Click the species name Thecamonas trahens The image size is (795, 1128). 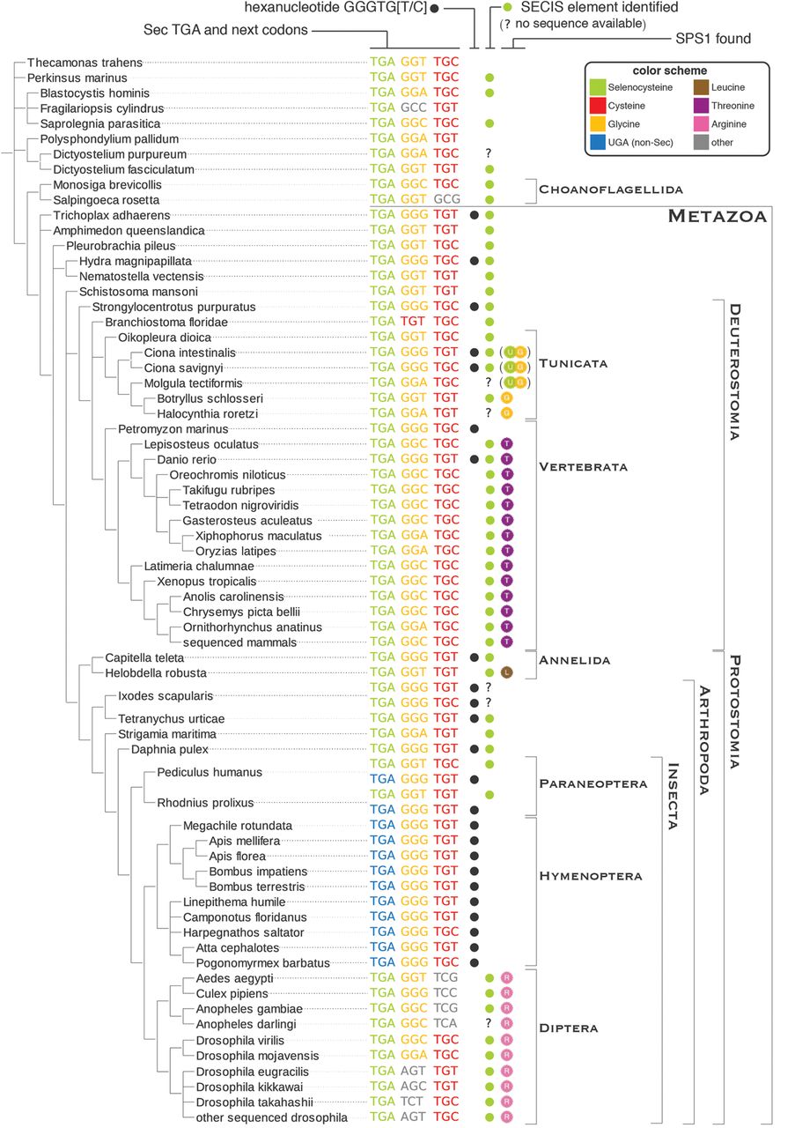click(x=85, y=63)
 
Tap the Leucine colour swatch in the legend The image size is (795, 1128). click(x=701, y=87)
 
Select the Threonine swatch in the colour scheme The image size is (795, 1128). click(x=701, y=106)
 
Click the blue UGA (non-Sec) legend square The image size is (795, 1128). click(x=597, y=143)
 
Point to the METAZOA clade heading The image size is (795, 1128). click(x=717, y=216)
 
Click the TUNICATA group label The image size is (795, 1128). click(x=573, y=364)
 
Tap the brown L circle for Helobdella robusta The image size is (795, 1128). click(x=507, y=672)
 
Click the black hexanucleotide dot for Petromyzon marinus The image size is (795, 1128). click(x=474, y=428)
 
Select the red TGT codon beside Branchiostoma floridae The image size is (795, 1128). click(x=413, y=322)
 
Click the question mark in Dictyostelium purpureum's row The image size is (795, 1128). click(x=488, y=153)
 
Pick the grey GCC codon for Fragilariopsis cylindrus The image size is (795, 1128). click(x=414, y=108)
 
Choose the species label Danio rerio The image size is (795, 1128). click(x=186, y=460)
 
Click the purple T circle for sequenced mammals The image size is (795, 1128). click(x=507, y=642)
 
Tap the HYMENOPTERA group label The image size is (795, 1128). click(x=591, y=876)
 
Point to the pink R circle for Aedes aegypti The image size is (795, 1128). click(x=507, y=978)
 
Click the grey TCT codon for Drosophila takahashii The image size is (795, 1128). click(x=412, y=1102)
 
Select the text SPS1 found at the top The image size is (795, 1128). click(x=713, y=39)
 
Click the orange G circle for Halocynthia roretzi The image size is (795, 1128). click(x=507, y=413)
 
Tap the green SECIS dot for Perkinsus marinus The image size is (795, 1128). click(x=490, y=78)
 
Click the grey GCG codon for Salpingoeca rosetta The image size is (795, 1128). click(x=447, y=199)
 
